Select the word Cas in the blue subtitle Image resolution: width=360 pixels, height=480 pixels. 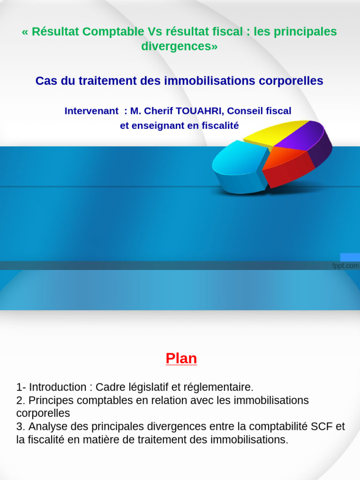click(x=45, y=81)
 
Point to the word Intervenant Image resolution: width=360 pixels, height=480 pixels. click(x=91, y=111)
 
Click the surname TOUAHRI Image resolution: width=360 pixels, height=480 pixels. click(x=199, y=111)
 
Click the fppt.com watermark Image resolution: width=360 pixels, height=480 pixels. click(x=345, y=266)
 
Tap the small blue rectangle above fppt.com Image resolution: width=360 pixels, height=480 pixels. click(x=350, y=257)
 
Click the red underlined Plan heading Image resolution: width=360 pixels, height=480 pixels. click(x=181, y=359)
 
